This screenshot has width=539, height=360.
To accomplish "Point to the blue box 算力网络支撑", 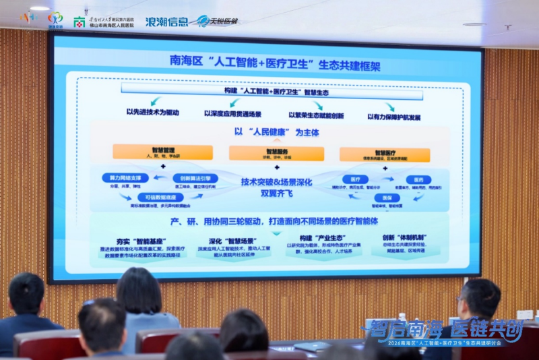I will click(125, 177).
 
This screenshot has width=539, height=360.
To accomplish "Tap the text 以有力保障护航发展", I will click(394, 117).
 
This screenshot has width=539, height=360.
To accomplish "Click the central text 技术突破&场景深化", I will click(276, 181).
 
